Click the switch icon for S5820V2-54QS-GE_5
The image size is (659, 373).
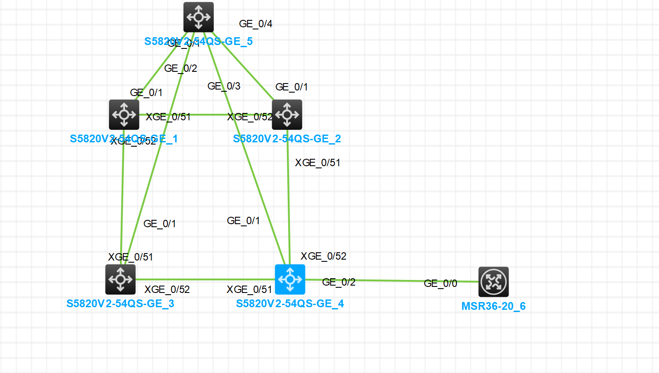(199, 17)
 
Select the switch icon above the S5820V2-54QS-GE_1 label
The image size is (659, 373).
(124, 115)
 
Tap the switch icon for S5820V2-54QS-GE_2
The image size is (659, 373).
(287, 115)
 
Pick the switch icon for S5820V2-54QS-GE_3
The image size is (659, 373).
(120, 280)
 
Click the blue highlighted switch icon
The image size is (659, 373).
(290, 280)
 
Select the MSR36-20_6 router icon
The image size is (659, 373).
(493, 282)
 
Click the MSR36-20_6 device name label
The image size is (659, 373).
(493, 306)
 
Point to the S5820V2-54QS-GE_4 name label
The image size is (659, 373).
(290, 304)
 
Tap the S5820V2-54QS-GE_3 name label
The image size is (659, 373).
(120, 304)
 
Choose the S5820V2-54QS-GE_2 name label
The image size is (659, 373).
(287, 139)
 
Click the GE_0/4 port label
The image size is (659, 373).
(256, 24)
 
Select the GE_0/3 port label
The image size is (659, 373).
(224, 86)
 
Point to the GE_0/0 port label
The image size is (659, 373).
(440, 283)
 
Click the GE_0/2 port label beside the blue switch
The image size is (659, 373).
(339, 282)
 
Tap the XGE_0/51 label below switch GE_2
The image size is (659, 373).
(318, 163)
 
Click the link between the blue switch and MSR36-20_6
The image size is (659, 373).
(389, 280)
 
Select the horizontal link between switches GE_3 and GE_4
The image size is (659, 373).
(203, 280)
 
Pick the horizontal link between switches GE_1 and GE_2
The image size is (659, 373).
(208, 115)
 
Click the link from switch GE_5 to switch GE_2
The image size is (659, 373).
(242, 65)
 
